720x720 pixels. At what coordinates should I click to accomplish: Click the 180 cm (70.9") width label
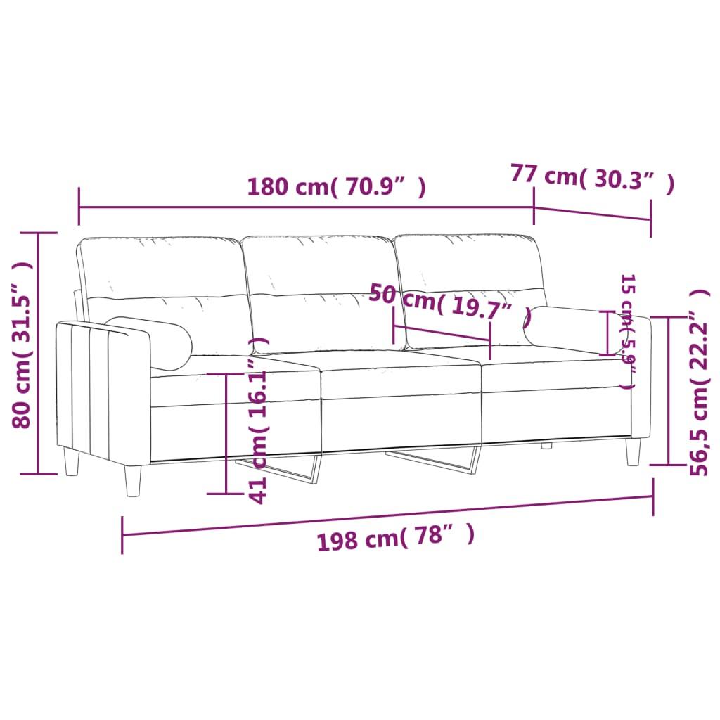[336, 187]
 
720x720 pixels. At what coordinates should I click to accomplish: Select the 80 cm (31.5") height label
[22, 345]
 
